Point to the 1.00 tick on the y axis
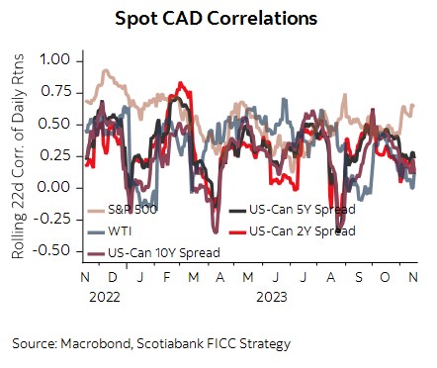56,60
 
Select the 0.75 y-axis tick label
56,92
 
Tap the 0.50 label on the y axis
56,124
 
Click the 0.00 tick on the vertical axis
56,187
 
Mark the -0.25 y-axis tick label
52,219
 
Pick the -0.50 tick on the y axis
52,250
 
